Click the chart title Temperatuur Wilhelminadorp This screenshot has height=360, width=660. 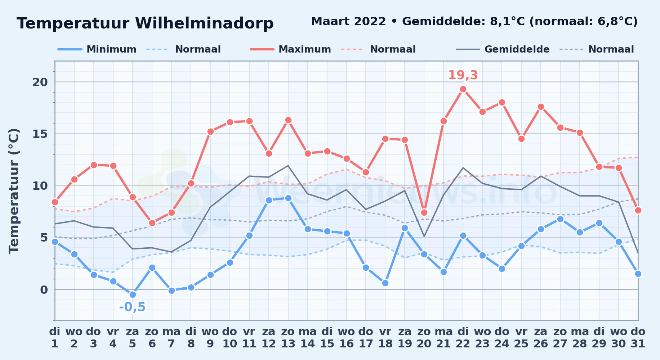pyautogui.click(x=145, y=23)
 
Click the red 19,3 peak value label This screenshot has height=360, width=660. pyautogui.click(x=463, y=75)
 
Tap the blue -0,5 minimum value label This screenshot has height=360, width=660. pyautogui.click(x=132, y=307)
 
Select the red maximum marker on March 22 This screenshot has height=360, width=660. pyautogui.click(x=463, y=89)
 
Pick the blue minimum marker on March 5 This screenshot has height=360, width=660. pyautogui.click(x=133, y=294)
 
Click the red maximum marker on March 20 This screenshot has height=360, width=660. pyautogui.click(x=424, y=212)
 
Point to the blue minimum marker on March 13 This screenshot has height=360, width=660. pyautogui.click(x=288, y=198)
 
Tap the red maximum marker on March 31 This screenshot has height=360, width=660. pyautogui.click(x=638, y=210)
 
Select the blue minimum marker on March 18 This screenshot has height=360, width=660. pyautogui.click(x=385, y=283)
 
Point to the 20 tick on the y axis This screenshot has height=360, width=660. pyautogui.click(x=40, y=82)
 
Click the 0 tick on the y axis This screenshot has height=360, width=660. pyautogui.click(x=44, y=290)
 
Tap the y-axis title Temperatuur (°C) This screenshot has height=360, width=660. pyautogui.click(x=14, y=191)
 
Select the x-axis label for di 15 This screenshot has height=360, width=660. pyautogui.click(x=327, y=337)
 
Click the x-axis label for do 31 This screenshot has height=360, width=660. pyautogui.click(x=638, y=337)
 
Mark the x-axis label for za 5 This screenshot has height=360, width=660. pyautogui.click(x=133, y=337)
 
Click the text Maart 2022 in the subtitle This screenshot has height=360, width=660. pyautogui.click(x=348, y=22)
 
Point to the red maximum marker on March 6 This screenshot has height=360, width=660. pyautogui.click(x=152, y=223)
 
